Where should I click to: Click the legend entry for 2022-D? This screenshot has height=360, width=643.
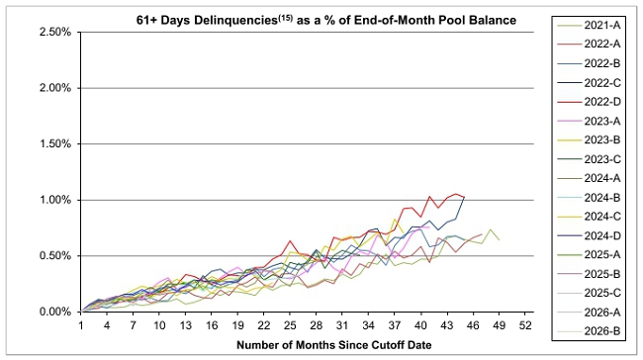click(x=590, y=102)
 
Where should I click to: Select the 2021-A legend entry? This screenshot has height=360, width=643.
click(x=590, y=26)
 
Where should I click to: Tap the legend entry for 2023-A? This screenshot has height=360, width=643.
click(x=590, y=121)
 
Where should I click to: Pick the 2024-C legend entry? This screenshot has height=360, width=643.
click(x=590, y=217)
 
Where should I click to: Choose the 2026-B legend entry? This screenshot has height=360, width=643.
click(x=590, y=331)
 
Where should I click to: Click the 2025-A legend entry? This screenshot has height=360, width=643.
click(x=590, y=255)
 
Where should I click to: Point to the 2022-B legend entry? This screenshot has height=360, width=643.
click(x=590, y=63)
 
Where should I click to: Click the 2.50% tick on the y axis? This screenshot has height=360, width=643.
click(x=55, y=32)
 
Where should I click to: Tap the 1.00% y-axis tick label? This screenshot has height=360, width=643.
click(x=55, y=200)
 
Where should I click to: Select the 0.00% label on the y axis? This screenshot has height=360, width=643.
click(x=55, y=312)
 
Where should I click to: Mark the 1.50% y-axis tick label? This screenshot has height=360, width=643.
click(x=55, y=144)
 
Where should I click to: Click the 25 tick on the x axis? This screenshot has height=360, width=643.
click(x=290, y=325)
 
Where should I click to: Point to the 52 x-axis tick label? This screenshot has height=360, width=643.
click(x=525, y=325)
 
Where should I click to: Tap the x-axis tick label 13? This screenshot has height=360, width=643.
click(x=185, y=325)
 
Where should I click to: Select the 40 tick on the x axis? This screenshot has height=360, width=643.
click(x=420, y=325)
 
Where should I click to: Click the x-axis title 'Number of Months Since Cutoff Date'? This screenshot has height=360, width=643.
click(x=333, y=345)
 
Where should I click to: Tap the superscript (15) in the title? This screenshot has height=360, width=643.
click(x=286, y=18)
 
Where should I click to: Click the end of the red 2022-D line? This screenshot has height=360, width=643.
click(x=464, y=197)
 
